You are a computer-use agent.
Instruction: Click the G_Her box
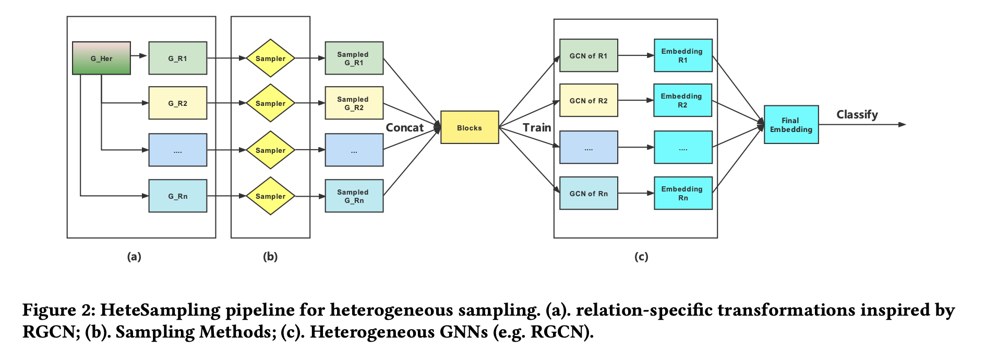click(x=101, y=58)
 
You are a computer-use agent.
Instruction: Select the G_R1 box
click(x=177, y=58)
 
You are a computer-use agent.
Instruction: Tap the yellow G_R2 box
click(x=177, y=103)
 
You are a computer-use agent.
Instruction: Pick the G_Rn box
click(x=177, y=196)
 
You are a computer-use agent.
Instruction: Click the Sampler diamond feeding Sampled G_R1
click(x=270, y=58)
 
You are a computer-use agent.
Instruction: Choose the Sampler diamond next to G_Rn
click(x=270, y=196)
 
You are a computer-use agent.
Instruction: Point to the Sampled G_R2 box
click(x=354, y=103)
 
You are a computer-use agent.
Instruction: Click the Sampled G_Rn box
click(x=354, y=196)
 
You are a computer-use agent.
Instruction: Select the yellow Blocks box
click(x=470, y=127)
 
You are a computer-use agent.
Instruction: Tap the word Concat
click(x=404, y=127)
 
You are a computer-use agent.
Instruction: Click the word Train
click(x=537, y=127)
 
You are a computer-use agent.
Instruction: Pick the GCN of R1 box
click(x=588, y=55)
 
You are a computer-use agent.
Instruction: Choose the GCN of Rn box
click(x=588, y=193)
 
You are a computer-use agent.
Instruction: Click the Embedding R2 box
click(x=682, y=100)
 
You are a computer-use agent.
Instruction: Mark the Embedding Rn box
click(x=683, y=193)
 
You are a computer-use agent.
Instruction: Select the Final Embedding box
click(x=791, y=125)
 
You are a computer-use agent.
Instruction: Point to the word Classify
click(x=857, y=114)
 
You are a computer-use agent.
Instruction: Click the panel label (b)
click(x=270, y=256)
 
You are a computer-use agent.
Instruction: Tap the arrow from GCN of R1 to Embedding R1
click(x=636, y=55)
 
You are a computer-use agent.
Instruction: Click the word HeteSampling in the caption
click(x=160, y=310)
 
